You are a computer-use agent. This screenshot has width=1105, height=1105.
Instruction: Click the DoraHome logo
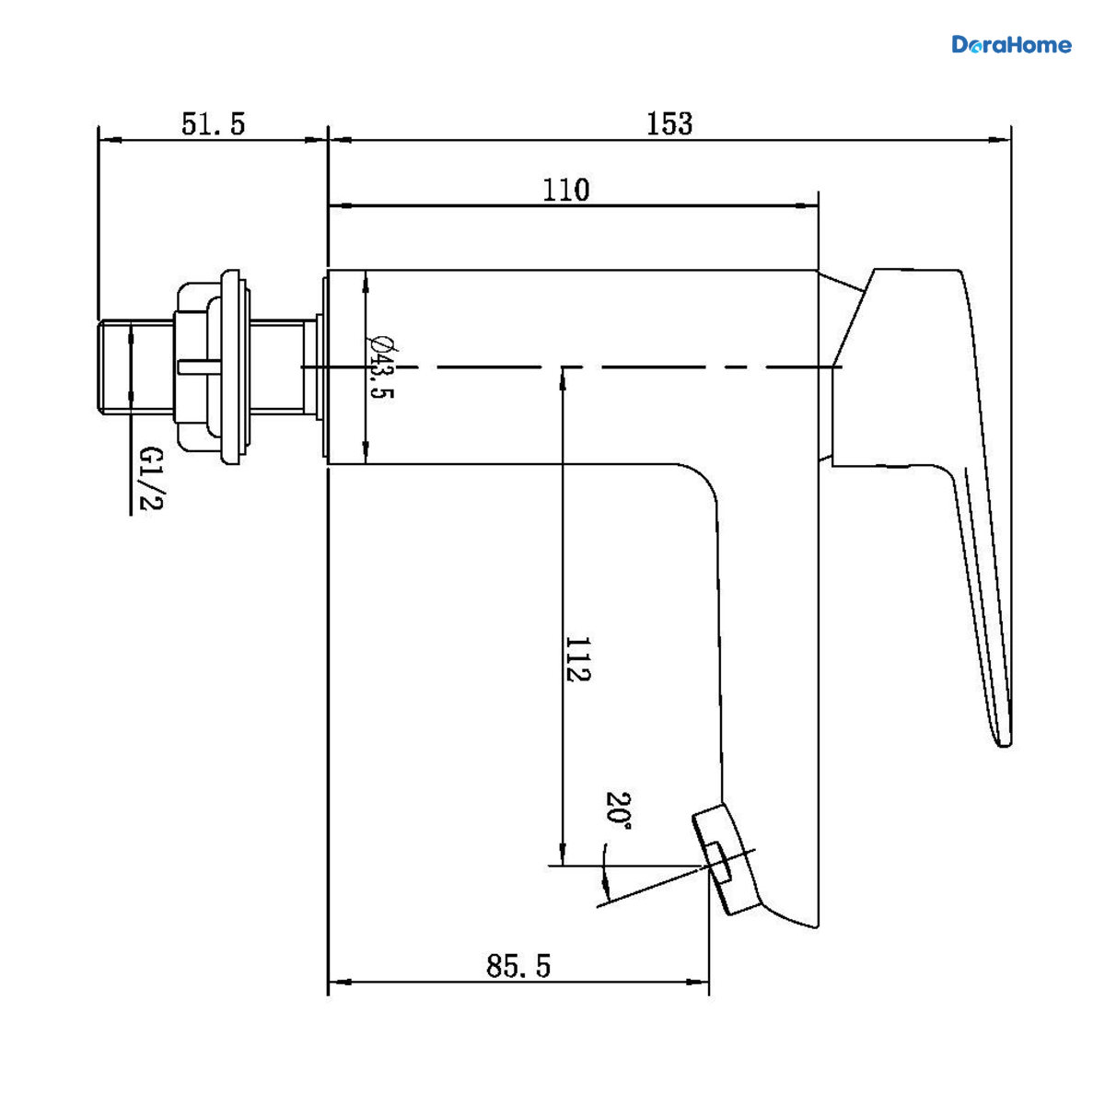coord(1011,45)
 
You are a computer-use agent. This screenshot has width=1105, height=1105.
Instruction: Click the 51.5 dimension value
coord(213,124)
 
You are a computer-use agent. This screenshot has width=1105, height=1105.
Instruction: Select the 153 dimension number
coord(669,123)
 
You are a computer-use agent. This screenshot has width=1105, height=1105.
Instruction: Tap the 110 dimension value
coord(565,190)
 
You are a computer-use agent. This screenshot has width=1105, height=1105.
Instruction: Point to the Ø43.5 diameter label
coord(380,367)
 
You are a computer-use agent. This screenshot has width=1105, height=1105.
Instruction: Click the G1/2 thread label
coord(151,479)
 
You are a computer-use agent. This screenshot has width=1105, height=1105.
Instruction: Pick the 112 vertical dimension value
coord(577,659)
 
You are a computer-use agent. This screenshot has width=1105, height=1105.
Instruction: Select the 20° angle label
coord(618,815)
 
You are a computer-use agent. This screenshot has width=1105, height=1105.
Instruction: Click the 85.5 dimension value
coord(518,966)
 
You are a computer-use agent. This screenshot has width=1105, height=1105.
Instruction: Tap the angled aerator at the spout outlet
coord(725,858)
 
